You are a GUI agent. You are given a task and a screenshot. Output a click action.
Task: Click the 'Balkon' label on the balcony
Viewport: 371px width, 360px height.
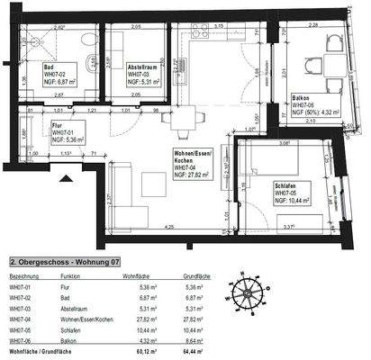(x=302, y=97)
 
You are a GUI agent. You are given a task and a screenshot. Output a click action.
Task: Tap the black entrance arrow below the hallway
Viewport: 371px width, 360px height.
(x=63, y=177)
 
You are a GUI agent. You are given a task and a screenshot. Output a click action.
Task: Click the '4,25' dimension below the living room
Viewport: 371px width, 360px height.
(x=168, y=229)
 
